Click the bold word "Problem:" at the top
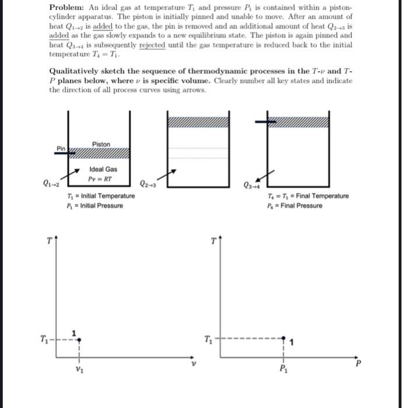[65, 6]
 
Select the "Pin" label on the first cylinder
[61, 149]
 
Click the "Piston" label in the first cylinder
[100, 144]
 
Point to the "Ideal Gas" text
[103, 169]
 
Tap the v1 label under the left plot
[79, 368]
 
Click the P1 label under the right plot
[284, 368]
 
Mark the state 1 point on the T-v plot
[79, 338]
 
